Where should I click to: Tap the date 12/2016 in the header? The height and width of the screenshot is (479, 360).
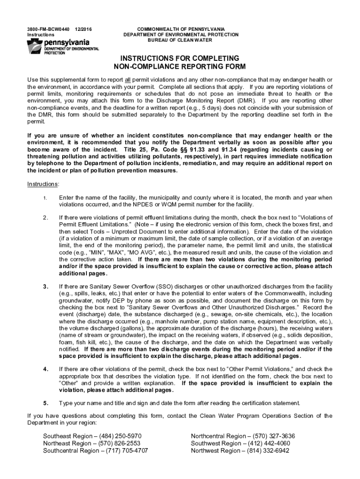(83, 29)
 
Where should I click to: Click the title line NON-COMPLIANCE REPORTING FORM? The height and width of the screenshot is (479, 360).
(180, 66)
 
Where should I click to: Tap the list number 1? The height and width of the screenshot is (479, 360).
(45, 198)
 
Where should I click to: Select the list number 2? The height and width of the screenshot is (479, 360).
(45, 218)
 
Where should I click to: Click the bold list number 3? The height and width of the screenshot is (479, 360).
(45, 286)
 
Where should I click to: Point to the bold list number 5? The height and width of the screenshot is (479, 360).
(45, 403)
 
